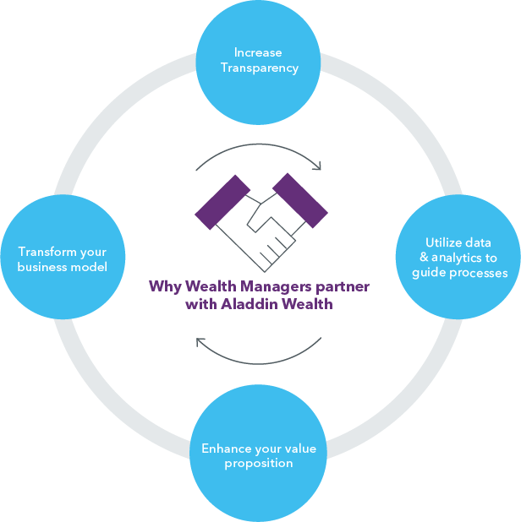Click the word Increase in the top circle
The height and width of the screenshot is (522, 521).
[x=259, y=53]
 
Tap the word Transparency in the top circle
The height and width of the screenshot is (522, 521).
[x=260, y=68]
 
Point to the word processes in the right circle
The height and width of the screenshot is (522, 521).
[x=479, y=273]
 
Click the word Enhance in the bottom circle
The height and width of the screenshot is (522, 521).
[x=225, y=449]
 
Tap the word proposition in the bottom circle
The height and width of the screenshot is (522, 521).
[x=259, y=463]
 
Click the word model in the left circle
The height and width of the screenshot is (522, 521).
[x=90, y=267]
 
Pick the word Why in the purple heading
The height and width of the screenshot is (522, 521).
[x=162, y=286]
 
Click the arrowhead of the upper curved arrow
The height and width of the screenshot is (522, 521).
[x=318, y=166]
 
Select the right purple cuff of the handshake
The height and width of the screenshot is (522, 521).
[x=299, y=199]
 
